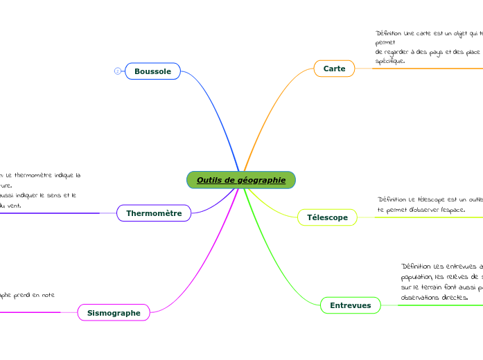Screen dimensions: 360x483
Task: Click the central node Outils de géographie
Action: [240, 180]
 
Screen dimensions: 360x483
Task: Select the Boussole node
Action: [152, 71]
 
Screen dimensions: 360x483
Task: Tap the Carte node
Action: [334, 69]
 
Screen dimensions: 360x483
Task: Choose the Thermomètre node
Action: [154, 213]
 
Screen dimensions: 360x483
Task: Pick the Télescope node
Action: [327, 217]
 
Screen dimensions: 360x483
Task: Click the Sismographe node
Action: [114, 313]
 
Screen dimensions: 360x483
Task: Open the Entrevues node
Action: [350, 305]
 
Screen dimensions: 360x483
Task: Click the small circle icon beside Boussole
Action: [117, 71]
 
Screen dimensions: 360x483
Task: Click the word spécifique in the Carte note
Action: [389, 61]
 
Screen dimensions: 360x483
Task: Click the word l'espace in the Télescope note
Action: [452, 209]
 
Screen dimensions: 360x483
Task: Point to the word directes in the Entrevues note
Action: [453, 298]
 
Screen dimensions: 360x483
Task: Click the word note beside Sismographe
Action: [47, 295]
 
